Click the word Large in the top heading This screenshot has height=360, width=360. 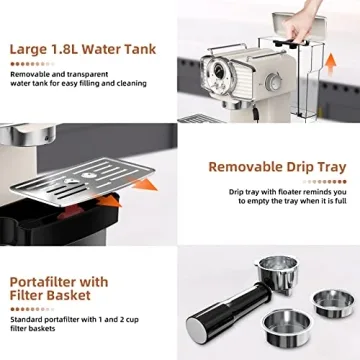(33, 48)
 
